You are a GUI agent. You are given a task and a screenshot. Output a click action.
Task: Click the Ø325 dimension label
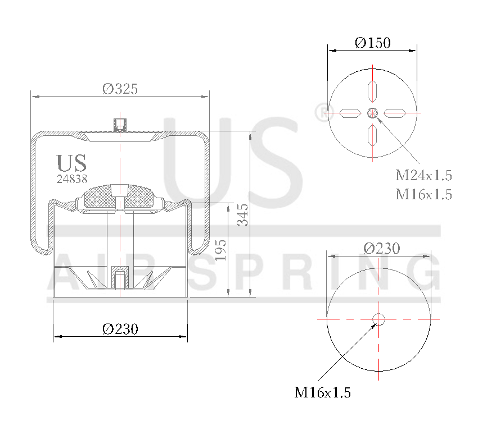click(120, 88)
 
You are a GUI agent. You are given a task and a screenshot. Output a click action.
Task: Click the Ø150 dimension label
click(372, 42)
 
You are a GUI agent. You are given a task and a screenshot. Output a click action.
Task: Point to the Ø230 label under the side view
click(120, 329)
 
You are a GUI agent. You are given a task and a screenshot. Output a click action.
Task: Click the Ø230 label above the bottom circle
click(381, 248)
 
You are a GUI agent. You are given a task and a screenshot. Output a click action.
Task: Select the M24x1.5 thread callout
click(424, 175)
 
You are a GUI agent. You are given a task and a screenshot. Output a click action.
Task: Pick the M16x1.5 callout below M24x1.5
click(424, 194)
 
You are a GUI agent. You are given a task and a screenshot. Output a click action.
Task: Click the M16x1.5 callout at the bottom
click(322, 392)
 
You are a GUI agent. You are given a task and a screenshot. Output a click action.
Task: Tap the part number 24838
click(71, 179)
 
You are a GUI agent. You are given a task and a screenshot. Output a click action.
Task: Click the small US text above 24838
click(71, 163)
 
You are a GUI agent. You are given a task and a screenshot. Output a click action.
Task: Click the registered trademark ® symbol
click(321, 112)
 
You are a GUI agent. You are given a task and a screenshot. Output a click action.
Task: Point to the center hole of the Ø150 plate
click(372, 113)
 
